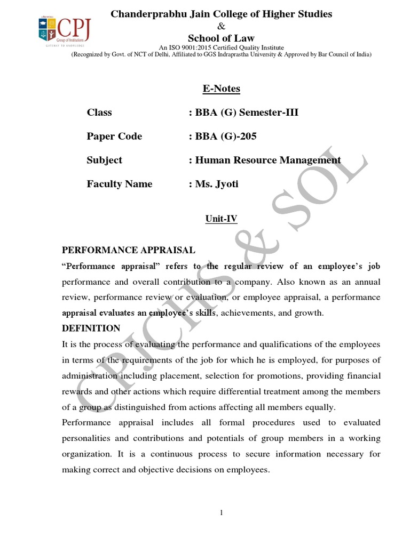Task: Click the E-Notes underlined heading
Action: [221, 89]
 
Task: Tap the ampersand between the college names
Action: [221, 26]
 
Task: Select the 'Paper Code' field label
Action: [114, 136]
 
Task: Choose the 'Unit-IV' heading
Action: [221, 218]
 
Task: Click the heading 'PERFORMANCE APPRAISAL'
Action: [129, 250]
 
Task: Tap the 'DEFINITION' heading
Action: [91, 328]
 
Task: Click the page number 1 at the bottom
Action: [221, 513]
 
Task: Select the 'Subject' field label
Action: [105, 160]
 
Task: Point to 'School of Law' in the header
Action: [221, 38]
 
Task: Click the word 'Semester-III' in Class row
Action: [270, 113]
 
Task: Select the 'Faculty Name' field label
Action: [120, 184]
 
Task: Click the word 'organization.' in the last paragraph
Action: [86, 454]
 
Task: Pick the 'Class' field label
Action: [99, 113]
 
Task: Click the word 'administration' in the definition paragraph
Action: [88, 376]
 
